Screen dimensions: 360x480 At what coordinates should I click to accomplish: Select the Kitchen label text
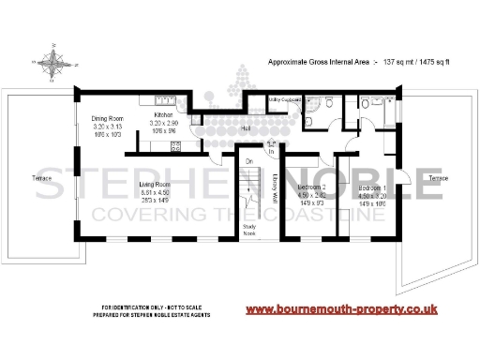point(164,114)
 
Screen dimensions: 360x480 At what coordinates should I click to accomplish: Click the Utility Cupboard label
point(283,97)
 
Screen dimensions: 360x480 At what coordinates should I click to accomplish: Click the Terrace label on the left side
point(43,177)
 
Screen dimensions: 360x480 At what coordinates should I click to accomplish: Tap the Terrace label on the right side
point(437,177)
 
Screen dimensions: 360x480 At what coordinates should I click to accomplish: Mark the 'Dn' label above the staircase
point(248,161)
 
